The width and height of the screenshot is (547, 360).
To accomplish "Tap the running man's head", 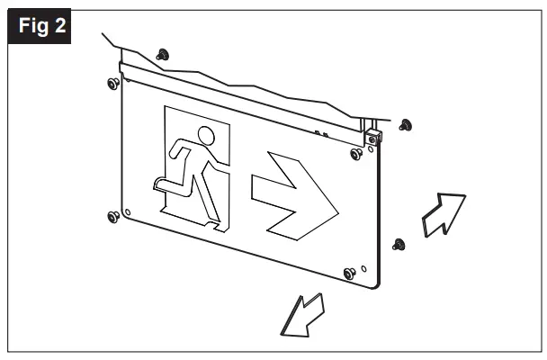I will click(x=205, y=137).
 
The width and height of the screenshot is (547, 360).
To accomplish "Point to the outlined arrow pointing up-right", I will click(x=444, y=217).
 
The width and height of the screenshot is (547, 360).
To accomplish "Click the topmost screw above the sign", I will click(x=163, y=55).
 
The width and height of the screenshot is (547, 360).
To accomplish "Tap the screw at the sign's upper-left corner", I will click(x=112, y=83).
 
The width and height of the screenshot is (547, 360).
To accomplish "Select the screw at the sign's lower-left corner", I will click(x=112, y=217).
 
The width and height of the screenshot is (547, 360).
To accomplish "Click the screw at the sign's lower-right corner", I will click(x=349, y=273).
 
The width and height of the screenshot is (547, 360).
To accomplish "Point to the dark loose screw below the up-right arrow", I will click(x=399, y=243).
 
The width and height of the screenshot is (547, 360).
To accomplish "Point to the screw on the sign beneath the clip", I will click(x=357, y=154).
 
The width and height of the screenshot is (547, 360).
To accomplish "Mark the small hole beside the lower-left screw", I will click(x=128, y=213).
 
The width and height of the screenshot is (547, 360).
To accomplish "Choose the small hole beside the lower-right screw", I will click(x=363, y=267).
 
